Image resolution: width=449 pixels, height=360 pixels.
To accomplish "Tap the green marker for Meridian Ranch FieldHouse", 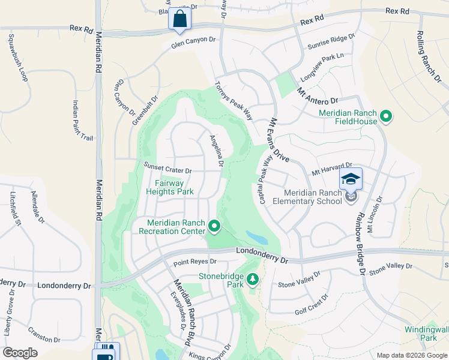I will point(386,116).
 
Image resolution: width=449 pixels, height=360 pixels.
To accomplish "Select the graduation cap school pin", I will point(351,179).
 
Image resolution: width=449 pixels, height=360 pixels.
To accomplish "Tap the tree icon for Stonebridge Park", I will point(253,279).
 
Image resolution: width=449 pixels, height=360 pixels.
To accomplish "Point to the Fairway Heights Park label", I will point(170,187).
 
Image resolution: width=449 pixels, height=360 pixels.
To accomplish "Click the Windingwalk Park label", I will point(426,334).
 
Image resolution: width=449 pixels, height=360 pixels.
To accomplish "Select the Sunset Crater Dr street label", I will point(167,168).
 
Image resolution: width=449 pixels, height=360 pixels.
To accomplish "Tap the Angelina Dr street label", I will point(217,151).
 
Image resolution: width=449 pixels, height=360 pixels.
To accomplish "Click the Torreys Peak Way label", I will point(234,100).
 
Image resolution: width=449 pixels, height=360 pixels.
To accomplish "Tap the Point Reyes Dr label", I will point(194,262).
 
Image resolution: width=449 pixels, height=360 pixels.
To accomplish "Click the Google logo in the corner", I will point(20,353).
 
